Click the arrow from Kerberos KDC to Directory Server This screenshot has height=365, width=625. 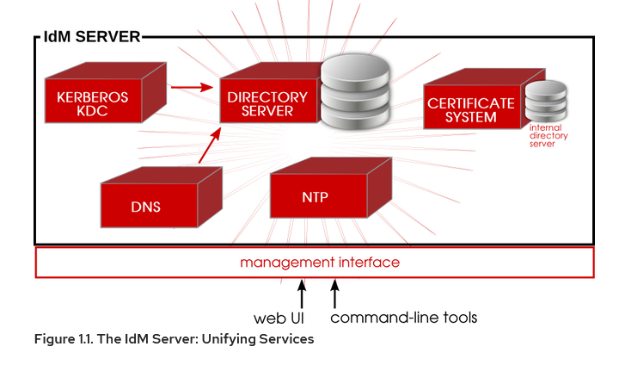tap(191, 86)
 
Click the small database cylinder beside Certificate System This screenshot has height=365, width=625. tap(547, 103)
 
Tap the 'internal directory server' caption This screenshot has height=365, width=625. tap(548, 136)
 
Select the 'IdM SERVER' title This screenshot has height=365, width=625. tap(91, 37)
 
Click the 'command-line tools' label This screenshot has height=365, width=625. tap(403, 318)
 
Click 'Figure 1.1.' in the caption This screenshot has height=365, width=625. tap(65, 339)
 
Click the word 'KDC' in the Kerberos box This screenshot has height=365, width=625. tap(93, 112)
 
